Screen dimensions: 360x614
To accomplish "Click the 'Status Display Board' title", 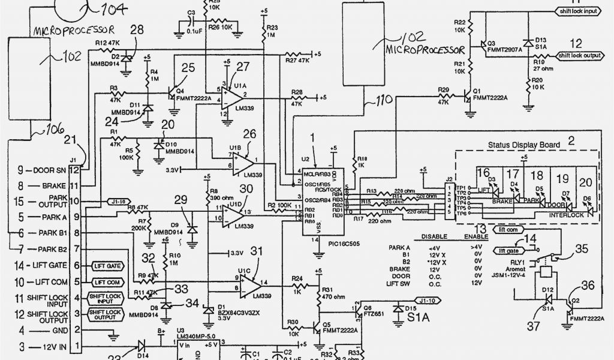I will (524, 145).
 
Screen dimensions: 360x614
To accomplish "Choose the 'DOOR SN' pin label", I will (43, 170).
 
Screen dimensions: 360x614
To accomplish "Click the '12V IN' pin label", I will (44, 347).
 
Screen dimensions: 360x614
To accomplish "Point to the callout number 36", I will (588, 285).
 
